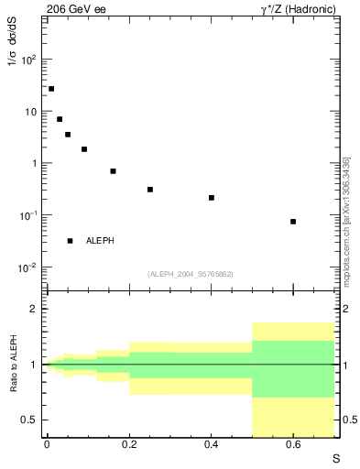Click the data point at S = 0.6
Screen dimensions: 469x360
point(293,222)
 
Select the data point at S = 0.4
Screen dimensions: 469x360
point(211,198)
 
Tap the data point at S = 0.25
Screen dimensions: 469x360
point(149,190)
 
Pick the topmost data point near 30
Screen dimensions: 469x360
point(51,89)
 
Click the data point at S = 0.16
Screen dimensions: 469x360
point(113,171)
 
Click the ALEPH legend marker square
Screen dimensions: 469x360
point(70,241)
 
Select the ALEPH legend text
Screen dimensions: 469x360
point(100,241)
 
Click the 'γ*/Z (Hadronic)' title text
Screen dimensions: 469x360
point(295,8)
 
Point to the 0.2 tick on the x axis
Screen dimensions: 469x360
point(129,446)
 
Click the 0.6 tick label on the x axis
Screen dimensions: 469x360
point(293,446)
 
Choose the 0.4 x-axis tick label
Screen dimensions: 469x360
point(211,446)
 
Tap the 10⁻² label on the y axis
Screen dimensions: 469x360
point(29,267)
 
